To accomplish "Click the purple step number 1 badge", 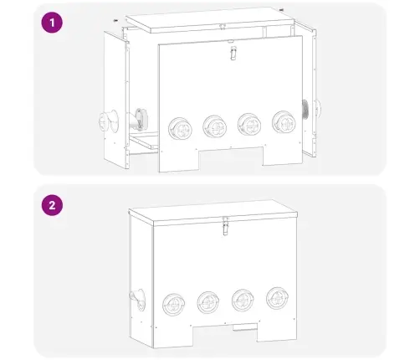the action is pyautogui.click(x=52, y=23).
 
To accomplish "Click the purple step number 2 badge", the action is pyautogui.click(x=52, y=205).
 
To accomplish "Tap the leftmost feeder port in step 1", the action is pyautogui.click(x=180, y=129).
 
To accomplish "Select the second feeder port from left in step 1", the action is pyautogui.click(x=214, y=126).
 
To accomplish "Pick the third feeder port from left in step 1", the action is pyautogui.click(x=249, y=125).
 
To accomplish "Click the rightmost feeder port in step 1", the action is pyautogui.click(x=284, y=122).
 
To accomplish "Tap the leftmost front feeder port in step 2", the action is pyautogui.click(x=173, y=305).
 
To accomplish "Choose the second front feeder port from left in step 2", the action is pyautogui.click(x=208, y=302).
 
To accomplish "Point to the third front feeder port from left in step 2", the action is pyautogui.click(x=243, y=300).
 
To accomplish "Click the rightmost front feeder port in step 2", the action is pyautogui.click(x=277, y=298).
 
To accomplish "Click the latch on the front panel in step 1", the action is pyautogui.click(x=233, y=53).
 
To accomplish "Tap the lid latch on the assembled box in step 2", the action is pyautogui.click(x=225, y=226).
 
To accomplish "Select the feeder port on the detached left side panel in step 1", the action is pyautogui.click(x=109, y=121).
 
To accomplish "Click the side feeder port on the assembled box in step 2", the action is pyautogui.click(x=138, y=300).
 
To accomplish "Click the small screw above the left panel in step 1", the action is pyautogui.click(x=115, y=20).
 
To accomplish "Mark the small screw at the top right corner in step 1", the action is pyautogui.click(x=281, y=10).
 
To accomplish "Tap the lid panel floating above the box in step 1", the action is pyautogui.click(x=210, y=20).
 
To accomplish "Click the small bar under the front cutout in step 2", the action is pyautogui.click(x=245, y=327).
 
